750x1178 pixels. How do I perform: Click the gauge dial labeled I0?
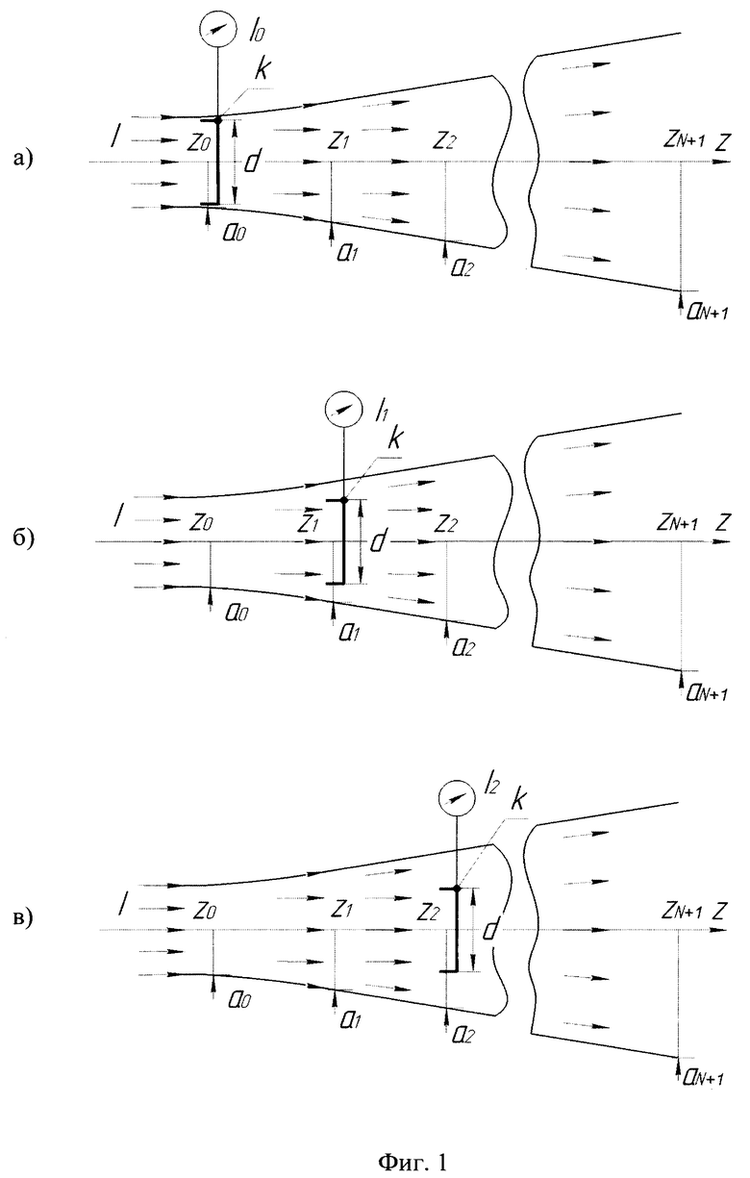tap(216, 31)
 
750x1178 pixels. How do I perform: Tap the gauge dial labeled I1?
tap(343, 410)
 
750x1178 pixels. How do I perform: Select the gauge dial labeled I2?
tap(457, 798)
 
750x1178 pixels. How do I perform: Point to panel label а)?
tap(24, 158)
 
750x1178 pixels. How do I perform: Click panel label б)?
tap(24, 538)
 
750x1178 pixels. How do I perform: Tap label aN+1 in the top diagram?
tap(708, 313)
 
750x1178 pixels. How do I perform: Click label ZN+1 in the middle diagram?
tap(678, 523)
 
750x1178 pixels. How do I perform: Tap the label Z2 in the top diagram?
tap(445, 140)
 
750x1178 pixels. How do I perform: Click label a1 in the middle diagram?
tap(350, 633)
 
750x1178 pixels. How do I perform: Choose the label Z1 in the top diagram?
tap(338, 140)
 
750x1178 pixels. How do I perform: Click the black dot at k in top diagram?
tap(218, 120)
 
